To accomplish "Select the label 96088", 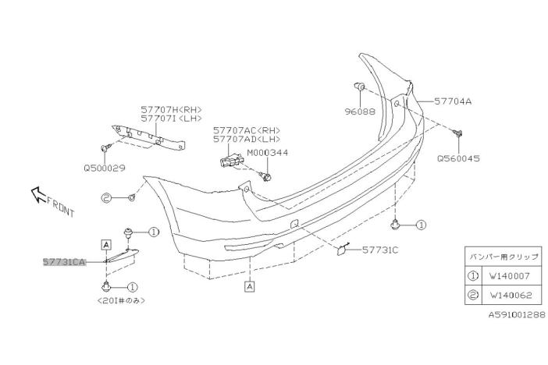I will [360, 112].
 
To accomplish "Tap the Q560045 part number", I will [458, 157].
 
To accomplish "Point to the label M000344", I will [268, 153].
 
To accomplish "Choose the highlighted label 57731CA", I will [63, 263].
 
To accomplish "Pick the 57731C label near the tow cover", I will [380, 250].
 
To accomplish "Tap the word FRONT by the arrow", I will [60, 208].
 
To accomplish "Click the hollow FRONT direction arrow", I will [37, 193].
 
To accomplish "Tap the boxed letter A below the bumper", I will [249, 286].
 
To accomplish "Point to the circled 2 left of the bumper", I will [107, 199].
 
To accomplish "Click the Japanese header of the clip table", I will [502, 255].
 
